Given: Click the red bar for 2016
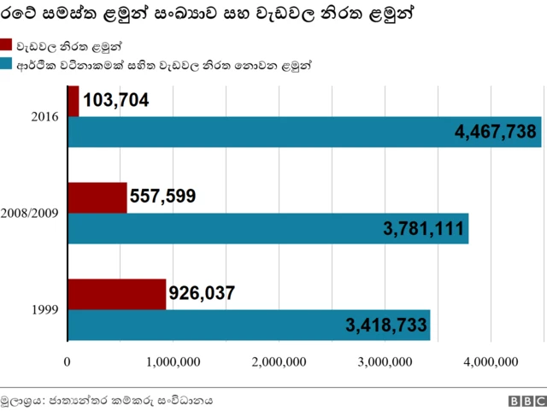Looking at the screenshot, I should (74, 101).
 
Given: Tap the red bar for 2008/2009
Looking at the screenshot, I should (97, 197).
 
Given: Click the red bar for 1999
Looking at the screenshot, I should (116, 294).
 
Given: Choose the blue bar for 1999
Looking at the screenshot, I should (248, 325).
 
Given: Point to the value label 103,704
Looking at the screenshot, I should (116, 101).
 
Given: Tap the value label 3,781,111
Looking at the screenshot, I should (423, 228).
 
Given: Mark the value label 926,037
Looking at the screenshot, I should (202, 294).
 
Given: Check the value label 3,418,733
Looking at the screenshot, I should (385, 325).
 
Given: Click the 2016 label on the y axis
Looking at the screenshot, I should (44, 116).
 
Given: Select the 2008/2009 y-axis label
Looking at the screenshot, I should (30, 213).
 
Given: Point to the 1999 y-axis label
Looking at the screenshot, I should (44, 309).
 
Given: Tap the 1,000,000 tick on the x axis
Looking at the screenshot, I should (174, 362).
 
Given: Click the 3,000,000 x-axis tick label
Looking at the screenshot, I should (386, 362).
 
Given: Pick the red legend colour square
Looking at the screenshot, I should (6, 45).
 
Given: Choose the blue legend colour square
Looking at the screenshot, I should (6, 64).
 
